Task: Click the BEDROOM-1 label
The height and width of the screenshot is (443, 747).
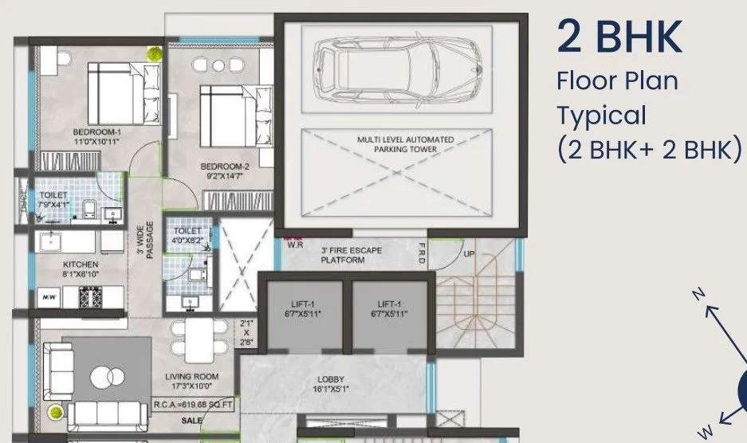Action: tap(96, 136)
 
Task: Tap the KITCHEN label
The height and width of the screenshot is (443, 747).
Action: tap(81, 269)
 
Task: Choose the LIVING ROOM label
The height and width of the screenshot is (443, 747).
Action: tap(191, 381)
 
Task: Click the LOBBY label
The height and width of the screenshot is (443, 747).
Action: tap(330, 383)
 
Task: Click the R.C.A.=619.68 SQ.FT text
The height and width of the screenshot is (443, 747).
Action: tap(194, 405)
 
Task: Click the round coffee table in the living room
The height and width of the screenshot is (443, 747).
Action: tap(106, 375)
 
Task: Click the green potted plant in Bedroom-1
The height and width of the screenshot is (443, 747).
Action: tap(154, 53)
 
